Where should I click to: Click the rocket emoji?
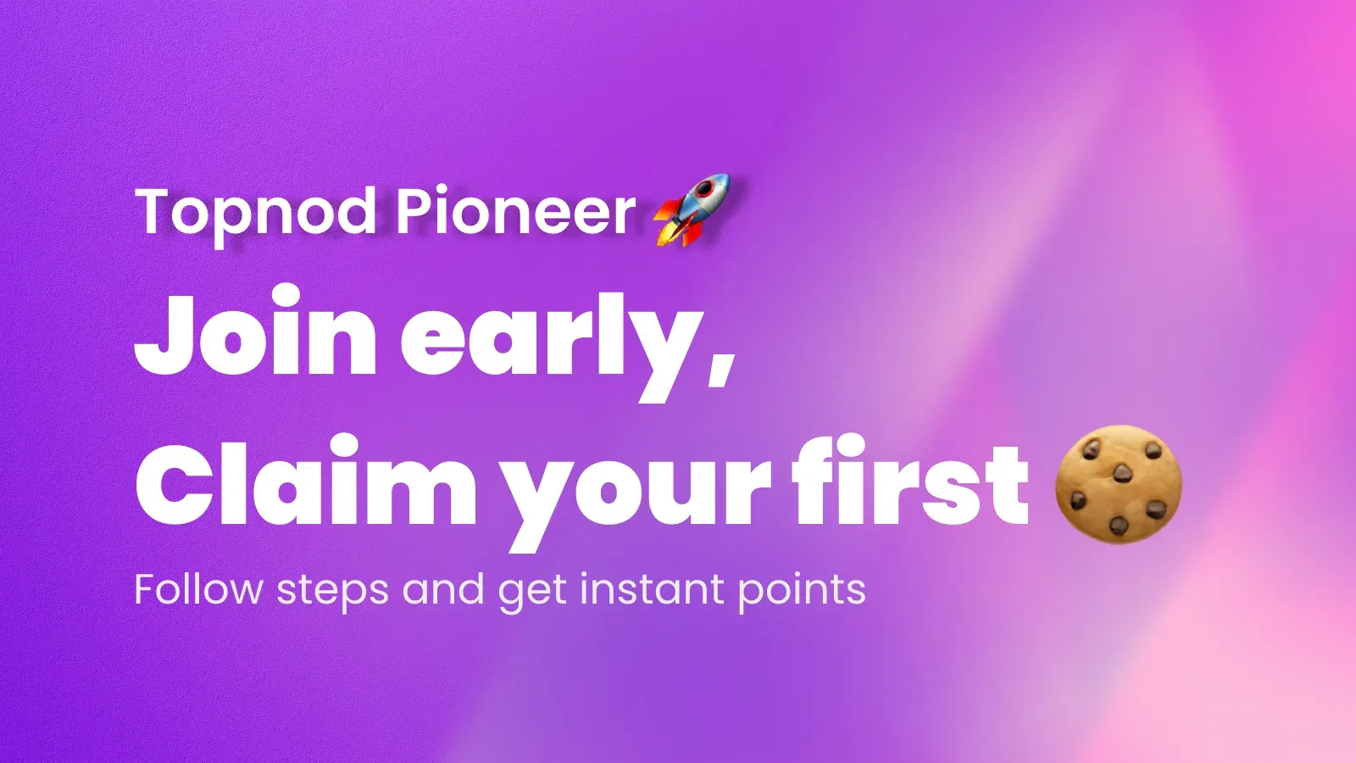pyautogui.click(x=692, y=209)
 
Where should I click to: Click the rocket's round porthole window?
pyautogui.click(x=703, y=191)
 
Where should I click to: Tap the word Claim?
pyautogui.click(x=306, y=479)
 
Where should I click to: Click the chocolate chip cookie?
pyautogui.click(x=1118, y=483)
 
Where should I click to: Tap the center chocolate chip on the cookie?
pyautogui.click(x=1122, y=473)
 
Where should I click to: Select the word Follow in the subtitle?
pyautogui.click(x=198, y=588)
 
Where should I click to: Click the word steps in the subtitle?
pyautogui.click(x=332, y=592)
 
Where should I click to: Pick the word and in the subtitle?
pyautogui.click(x=443, y=588)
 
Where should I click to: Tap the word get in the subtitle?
pyautogui.click(x=533, y=593)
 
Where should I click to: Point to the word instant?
pyautogui.click(x=652, y=588)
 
